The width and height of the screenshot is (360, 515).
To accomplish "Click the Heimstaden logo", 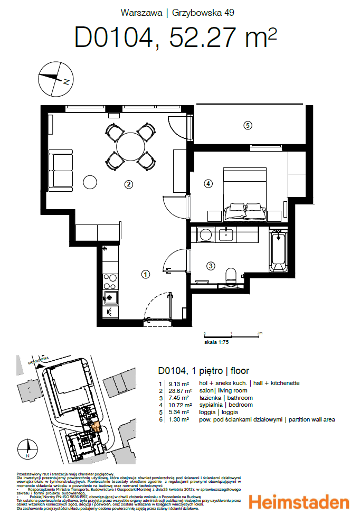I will coord(298,502).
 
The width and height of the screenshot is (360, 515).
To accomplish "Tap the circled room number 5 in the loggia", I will coord(247,125).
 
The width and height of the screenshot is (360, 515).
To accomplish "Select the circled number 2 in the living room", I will coord(128,184).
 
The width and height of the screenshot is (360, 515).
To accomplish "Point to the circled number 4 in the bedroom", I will coord(209,183).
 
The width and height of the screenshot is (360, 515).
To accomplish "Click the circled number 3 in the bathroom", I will coord(210,266).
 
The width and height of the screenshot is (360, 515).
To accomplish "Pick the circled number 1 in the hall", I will coord(146,274).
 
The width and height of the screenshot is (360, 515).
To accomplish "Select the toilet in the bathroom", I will coord(231,276).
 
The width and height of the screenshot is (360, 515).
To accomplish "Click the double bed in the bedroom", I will coord(245,193).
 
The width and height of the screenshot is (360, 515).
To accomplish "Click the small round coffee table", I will coord(90,182).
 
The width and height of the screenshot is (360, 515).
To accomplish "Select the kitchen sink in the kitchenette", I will coord(110,297).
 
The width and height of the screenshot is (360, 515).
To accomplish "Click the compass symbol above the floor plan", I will coord(54,79).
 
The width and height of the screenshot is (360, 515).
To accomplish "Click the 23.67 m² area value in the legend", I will coord(178,390).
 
